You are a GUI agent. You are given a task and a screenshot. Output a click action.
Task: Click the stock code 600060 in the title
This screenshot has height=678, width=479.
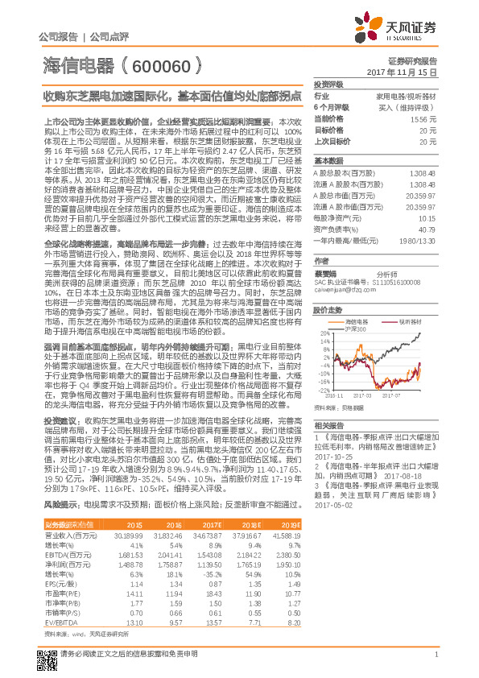160,66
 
